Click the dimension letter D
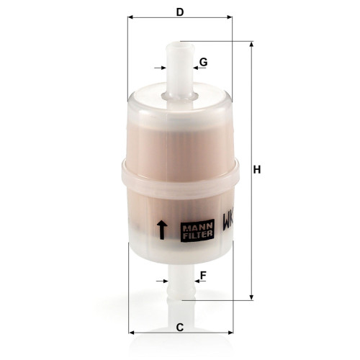coord(180,12)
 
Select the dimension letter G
coord(204,63)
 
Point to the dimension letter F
coord(204,275)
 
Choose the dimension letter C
coord(180,328)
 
